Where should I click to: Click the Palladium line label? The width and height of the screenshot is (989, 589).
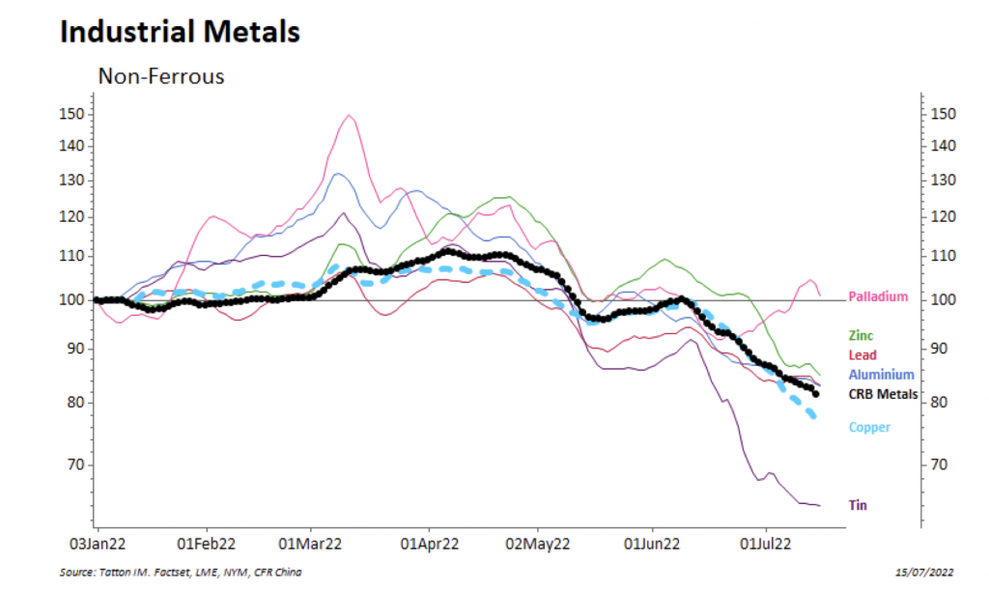click(x=878, y=296)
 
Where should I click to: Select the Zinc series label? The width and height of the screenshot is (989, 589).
click(x=861, y=336)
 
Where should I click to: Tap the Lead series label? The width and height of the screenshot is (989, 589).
click(x=862, y=355)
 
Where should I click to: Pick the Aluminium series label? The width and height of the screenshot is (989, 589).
click(x=881, y=375)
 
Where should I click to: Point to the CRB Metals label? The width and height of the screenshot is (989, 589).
click(x=883, y=394)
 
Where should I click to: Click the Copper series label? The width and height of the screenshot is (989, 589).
click(x=869, y=428)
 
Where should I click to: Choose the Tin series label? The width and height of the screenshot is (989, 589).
click(x=858, y=505)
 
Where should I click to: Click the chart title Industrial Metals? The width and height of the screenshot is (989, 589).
click(x=180, y=32)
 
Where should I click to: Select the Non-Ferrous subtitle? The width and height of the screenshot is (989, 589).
click(x=161, y=76)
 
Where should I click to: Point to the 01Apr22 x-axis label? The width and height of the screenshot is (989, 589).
click(x=428, y=545)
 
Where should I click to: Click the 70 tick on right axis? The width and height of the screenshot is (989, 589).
click(x=943, y=464)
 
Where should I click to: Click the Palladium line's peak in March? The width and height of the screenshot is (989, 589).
click(x=348, y=116)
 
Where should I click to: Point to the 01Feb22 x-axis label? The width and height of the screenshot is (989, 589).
click(x=207, y=545)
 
